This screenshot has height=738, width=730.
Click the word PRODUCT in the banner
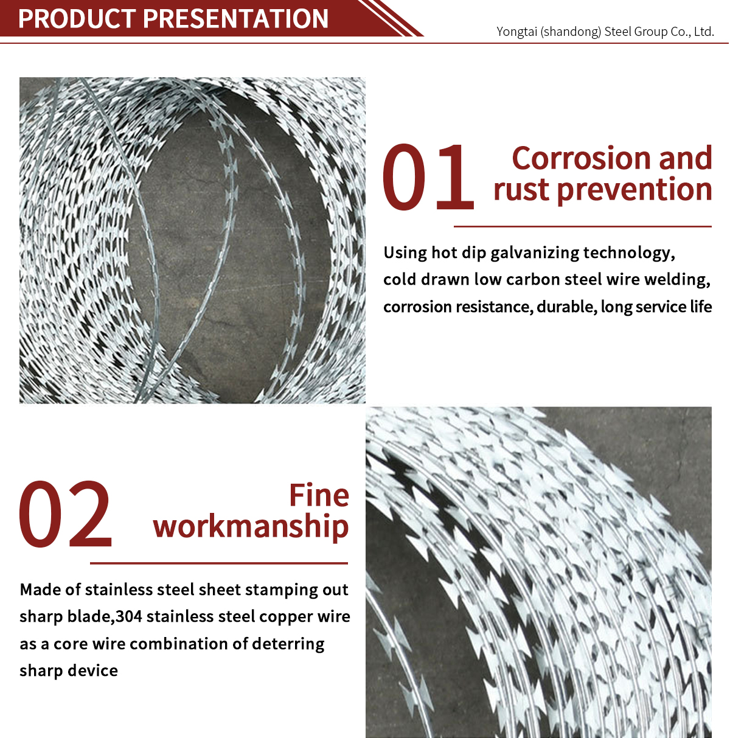pyautogui.click(x=77, y=18)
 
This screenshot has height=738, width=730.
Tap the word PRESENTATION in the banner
pyautogui.click(x=235, y=18)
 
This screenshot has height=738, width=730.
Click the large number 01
pyautogui.click(x=428, y=176)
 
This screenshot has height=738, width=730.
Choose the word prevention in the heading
pyautogui.click(x=634, y=190)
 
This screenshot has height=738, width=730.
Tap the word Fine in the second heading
pyautogui.click(x=319, y=495)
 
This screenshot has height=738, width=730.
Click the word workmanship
pyautogui.click(x=251, y=527)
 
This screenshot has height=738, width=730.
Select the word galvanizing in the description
pyautogui.click(x=534, y=253)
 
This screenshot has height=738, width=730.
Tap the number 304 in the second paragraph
pyautogui.click(x=129, y=616)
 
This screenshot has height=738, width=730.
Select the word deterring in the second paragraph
pyautogui.click(x=288, y=644)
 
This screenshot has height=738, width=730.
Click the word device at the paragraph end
pyautogui.click(x=92, y=670)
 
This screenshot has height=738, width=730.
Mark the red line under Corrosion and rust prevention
pyautogui.click(x=583, y=226)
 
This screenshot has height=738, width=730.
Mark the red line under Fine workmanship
pyautogui.click(x=218, y=563)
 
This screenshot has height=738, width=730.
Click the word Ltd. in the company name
pyautogui.click(x=704, y=32)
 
